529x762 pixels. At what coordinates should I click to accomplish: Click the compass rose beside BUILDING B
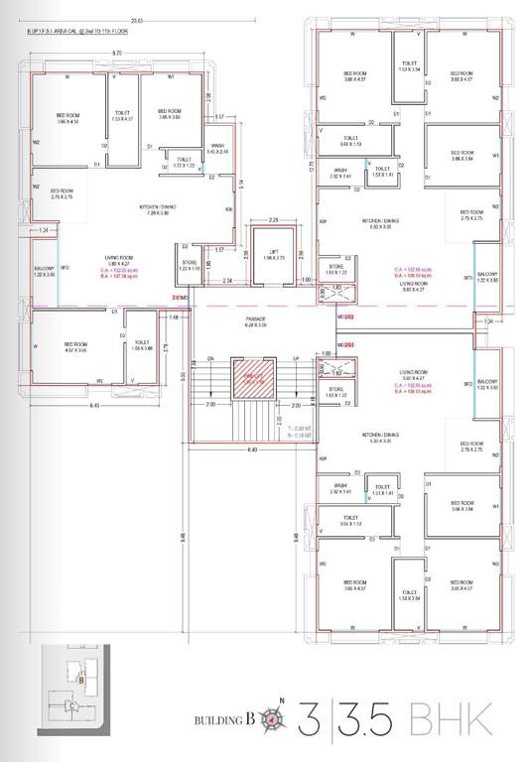click(x=280, y=713)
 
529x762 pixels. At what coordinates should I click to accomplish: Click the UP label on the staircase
click(x=295, y=358)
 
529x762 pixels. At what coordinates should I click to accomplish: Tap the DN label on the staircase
click(x=210, y=358)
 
